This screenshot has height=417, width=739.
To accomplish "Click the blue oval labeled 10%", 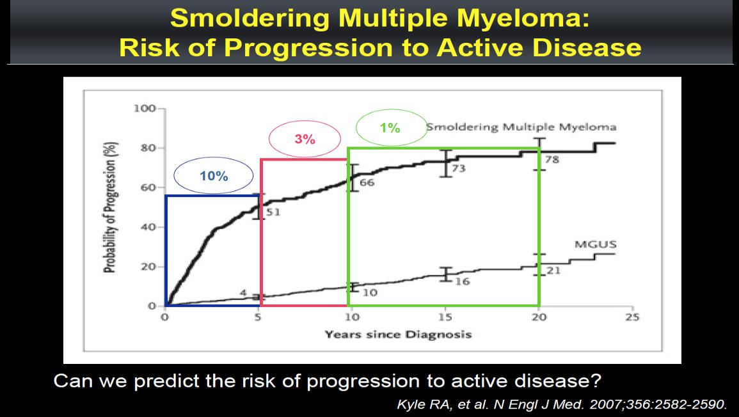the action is tap(175, 176).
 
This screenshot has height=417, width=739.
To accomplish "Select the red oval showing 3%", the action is tap(269, 139).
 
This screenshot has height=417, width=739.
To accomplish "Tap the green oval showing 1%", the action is tap(356, 128).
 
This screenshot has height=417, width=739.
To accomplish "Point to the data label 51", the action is tap(273, 212).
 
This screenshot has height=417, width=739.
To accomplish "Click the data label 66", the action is tap(367, 182).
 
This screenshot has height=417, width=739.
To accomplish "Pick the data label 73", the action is tap(458, 168).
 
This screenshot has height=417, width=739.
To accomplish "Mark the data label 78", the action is tap(552, 160).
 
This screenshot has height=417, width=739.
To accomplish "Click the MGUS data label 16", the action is tap(463, 281).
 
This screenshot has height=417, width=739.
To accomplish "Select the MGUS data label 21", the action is tap(553, 271).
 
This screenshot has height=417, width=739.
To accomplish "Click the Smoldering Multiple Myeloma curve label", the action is tap(521, 127).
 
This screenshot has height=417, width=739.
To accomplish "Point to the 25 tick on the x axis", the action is tap(632, 317).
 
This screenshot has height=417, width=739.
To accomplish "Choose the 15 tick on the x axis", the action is tap(445, 317).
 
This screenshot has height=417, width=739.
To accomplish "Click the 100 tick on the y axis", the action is tap(144, 109).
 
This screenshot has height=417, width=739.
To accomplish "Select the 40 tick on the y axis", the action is tap(148, 227).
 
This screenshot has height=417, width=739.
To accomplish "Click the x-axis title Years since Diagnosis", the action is tap(398, 335).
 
